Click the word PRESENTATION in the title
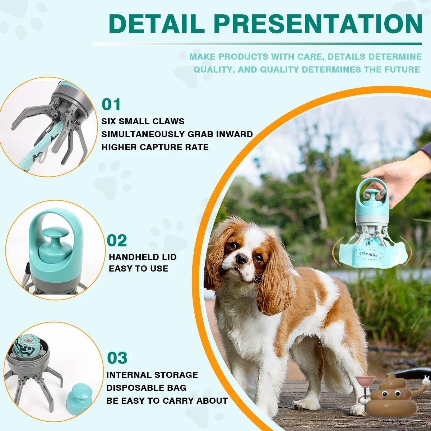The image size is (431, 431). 318,23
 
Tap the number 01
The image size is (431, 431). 111,105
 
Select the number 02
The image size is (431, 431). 117,241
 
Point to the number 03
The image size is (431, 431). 117,358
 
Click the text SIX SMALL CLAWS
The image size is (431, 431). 143,121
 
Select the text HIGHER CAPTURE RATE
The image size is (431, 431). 155,147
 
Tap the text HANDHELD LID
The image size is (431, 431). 143,257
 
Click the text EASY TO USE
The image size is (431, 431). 138,269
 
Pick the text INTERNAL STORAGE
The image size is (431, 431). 152,375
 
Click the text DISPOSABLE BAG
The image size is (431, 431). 146,388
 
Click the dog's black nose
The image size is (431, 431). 241,258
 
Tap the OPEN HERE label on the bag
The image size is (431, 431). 368,254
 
